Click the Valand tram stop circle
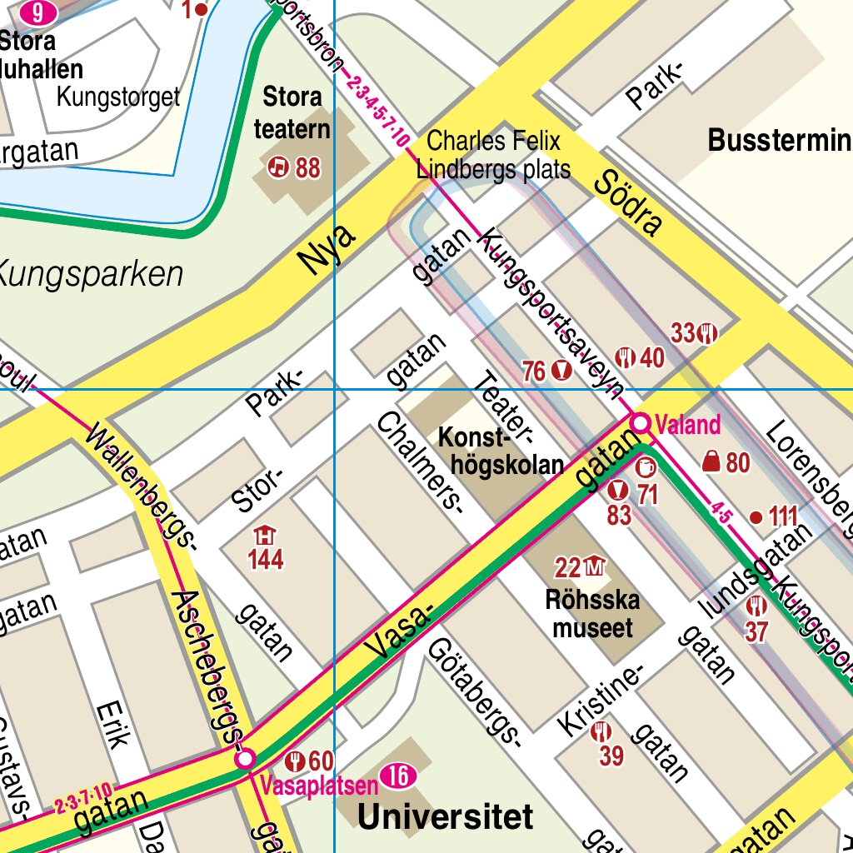640,423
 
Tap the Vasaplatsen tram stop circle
245,759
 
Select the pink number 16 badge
397,777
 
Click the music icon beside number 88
278,168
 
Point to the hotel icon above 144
265,536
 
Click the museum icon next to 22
594,568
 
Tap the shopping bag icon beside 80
711,461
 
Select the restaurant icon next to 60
294,761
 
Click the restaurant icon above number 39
601,732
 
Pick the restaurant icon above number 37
756,606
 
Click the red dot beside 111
756,517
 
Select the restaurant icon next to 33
709,333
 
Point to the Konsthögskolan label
501,450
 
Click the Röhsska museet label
593,613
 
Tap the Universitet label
445,816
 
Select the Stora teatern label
292,112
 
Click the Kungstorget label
117,97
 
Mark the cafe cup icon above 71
646,468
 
